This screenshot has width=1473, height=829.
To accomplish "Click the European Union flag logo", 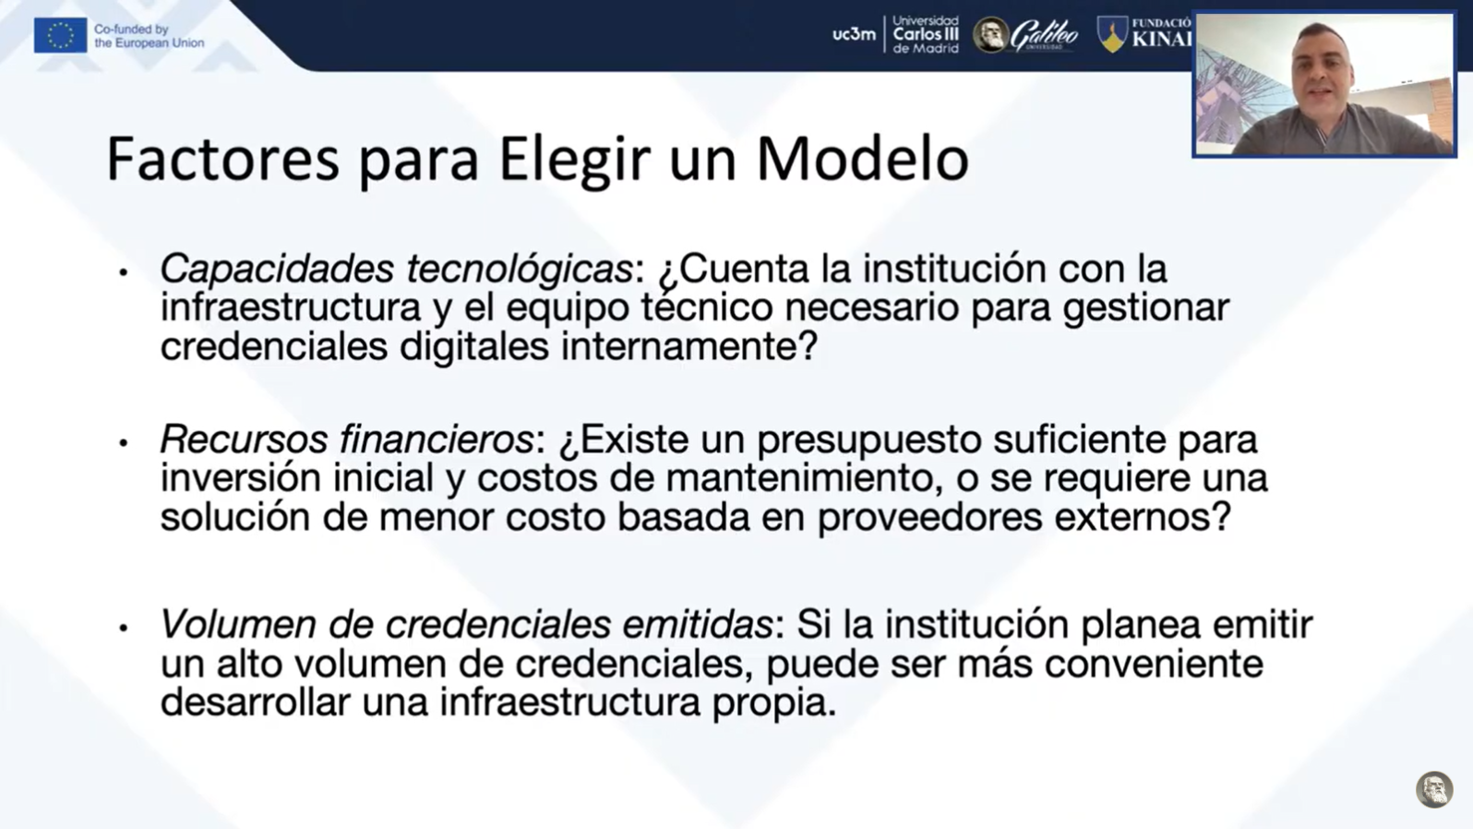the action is tap(61, 35).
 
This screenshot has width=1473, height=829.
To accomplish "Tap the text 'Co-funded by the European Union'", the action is tap(150, 36).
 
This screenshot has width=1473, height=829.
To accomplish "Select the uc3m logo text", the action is tap(855, 34).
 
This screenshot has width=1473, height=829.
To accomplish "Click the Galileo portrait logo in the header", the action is tap(990, 35).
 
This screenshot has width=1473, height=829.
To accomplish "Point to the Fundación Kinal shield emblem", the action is tap(1112, 34).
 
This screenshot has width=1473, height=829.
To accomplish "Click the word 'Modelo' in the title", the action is tap(863, 159).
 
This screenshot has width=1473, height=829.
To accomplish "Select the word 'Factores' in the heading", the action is tap(223, 159).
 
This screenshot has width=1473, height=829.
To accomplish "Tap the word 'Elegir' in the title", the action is tap(575, 162).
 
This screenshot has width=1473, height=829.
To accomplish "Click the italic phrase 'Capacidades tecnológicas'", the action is tap(397, 269).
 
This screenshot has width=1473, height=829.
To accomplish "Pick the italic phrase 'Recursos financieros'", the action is tap(346, 439).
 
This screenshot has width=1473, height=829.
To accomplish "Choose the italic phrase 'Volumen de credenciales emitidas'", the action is tap(466, 624).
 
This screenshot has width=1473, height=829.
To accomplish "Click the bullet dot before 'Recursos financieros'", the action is tap(123, 443).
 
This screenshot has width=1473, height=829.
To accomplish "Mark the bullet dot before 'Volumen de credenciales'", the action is tap(123, 629).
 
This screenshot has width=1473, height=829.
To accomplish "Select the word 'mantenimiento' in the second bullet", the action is tap(800, 478).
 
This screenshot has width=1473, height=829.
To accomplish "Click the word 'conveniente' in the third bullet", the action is tap(1154, 664).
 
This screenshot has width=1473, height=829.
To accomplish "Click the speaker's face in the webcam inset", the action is tap(1321, 68).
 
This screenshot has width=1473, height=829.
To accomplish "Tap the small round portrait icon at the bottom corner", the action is tap(1434, 789).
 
